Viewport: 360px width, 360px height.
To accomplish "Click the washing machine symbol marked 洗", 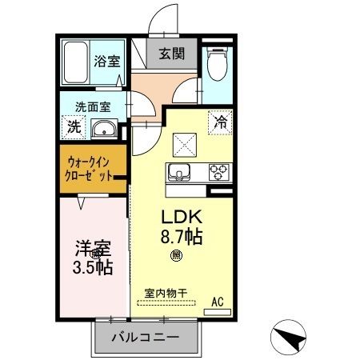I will tap(74, 126).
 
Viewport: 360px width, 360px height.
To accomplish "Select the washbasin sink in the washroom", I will tap(103, 129).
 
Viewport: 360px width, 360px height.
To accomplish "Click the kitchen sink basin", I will tap(178, 170).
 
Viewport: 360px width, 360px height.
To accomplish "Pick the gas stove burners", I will tap(218, 170).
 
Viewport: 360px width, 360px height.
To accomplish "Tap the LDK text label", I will tap(186, 216).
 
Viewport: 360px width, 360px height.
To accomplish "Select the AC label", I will tap(216, 302).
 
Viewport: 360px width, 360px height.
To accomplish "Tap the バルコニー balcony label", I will tap(145, 338).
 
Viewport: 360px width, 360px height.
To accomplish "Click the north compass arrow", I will tap(290, 335).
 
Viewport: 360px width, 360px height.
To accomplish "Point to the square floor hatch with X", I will tap(186, 144).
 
